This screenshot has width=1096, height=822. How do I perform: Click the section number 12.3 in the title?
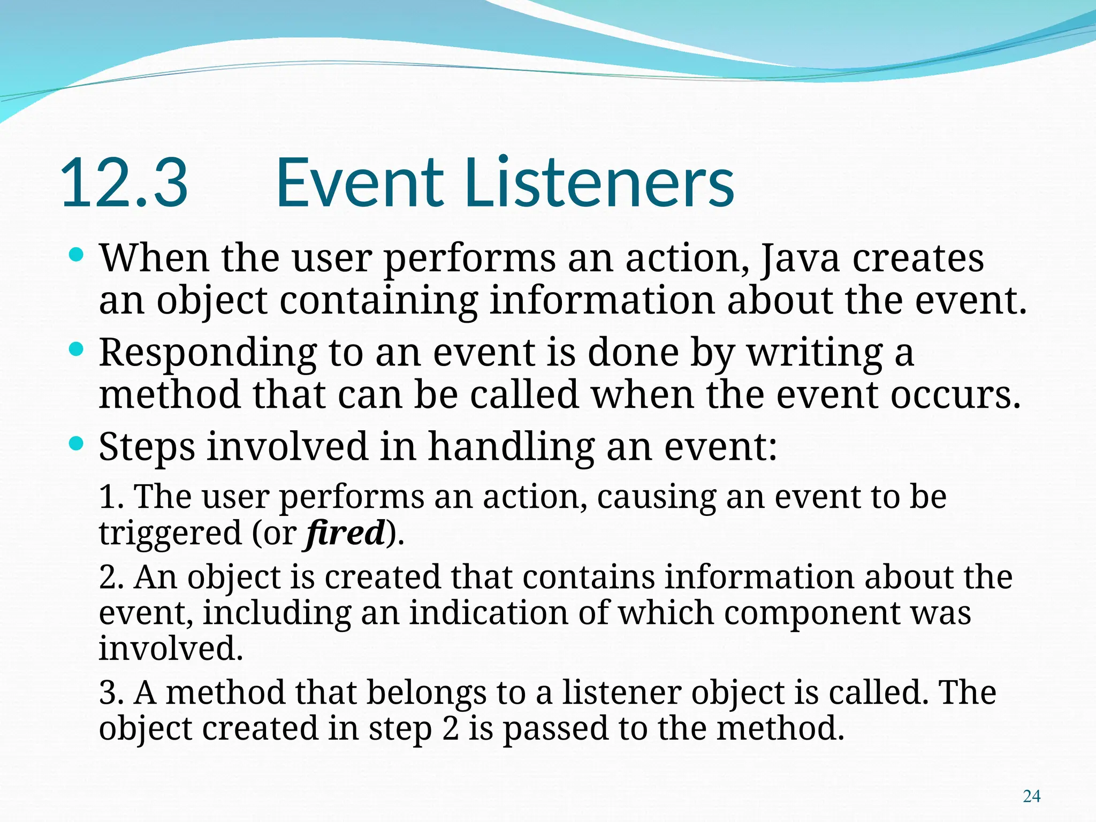(124, 183)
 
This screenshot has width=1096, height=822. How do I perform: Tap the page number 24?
(1031, 796)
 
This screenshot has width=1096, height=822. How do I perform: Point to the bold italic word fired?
(346, 533)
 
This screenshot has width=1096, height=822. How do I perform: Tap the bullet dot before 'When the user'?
(77, 255)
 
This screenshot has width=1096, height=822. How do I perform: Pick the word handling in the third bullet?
(511, 447)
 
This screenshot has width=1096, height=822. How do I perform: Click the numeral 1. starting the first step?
(111, 497)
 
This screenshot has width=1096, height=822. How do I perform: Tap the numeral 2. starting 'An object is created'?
(111, 578)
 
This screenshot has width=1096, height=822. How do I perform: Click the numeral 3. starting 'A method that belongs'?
(111, 693)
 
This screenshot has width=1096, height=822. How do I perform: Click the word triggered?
(170, 534)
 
